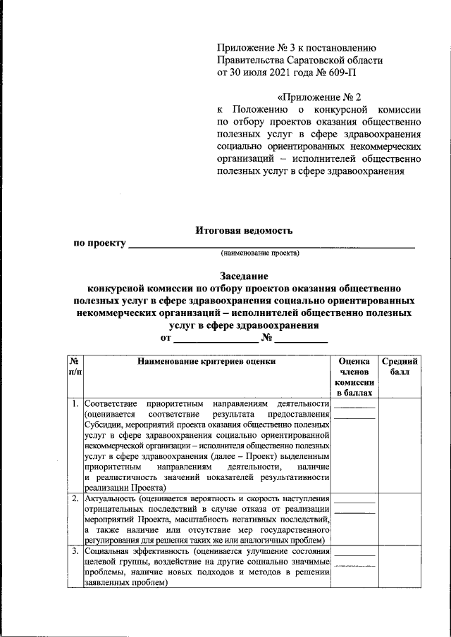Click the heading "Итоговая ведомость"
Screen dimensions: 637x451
pos(243,230)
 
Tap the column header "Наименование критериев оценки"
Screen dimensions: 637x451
pos(206,361)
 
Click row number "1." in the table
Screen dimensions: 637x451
pos(75,404)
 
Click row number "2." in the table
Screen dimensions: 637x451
pos(75,499)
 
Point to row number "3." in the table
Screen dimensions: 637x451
pos(75,551)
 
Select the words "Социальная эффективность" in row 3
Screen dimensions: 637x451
pos(137,551)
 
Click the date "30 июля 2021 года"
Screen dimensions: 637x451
pos(273,72)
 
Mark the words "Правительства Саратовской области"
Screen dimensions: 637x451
pos(300,60)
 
